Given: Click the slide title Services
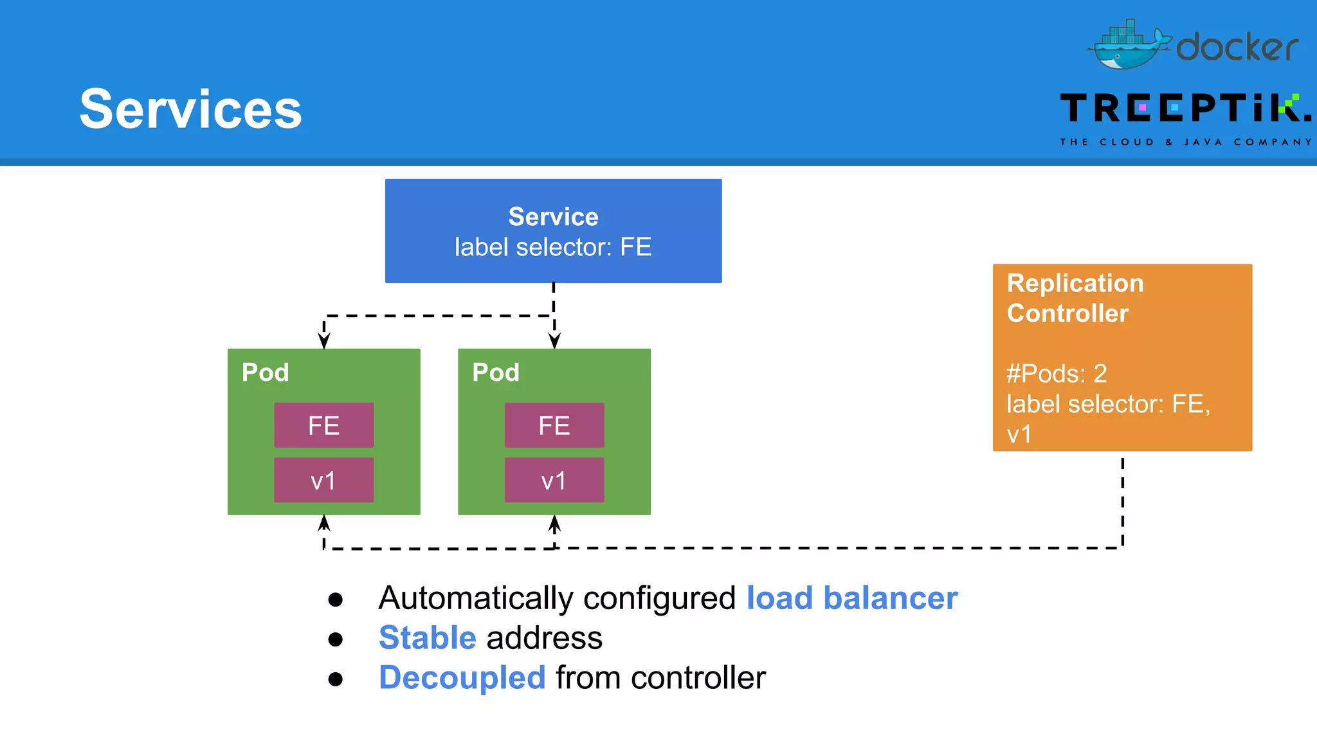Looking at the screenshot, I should click(x=190, y=109).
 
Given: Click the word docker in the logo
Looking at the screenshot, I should click(x=1237, y=48).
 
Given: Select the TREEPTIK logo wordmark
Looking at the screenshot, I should click(x=1185, y=108).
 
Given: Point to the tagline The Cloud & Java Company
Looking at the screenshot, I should click(x=1185, y=142).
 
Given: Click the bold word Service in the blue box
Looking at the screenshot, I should click(x=553, y=217).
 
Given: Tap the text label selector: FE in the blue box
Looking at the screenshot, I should click(x=553, y=247).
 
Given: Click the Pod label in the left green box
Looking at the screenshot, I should click(x=265, y=372).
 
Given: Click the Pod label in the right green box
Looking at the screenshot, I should click(x=495, y=372).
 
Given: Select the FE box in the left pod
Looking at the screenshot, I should click(x=323, y=425).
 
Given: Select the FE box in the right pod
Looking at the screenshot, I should click(x=554, y=425).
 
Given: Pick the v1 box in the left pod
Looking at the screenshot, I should click(x=323, y=480).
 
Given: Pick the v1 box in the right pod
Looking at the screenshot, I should click(x=554, y=480).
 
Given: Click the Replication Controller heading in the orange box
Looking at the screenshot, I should click(x=1075, y=298).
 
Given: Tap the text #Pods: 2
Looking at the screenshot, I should click(x=1056, y=374).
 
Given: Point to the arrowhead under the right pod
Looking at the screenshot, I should click(x=554, y=524).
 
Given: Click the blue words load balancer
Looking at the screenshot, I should click(x=851, y=598).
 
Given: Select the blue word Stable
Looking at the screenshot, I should click(x=427, y=638).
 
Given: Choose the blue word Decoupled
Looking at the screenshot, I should click(x=462, y=678).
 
